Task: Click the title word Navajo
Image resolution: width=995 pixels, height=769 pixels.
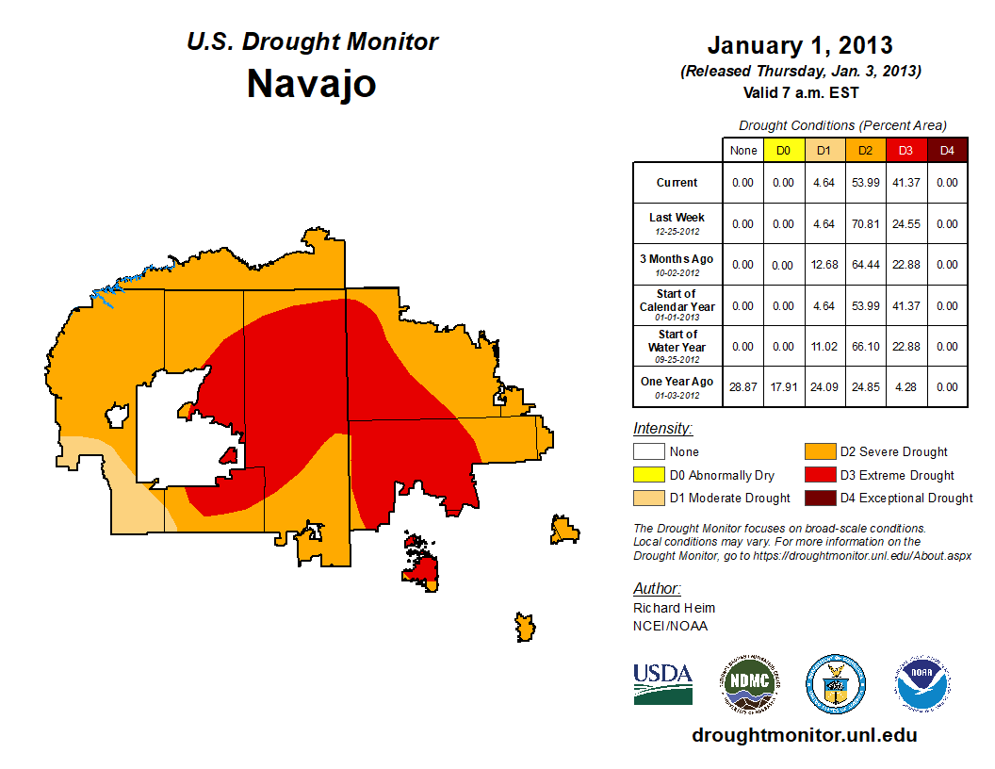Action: [311, 84]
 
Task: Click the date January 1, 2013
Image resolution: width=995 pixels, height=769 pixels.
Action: [800, 45]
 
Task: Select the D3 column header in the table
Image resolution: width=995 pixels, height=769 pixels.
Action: [905, 150]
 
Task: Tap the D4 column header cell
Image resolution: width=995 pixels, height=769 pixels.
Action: [947, 150]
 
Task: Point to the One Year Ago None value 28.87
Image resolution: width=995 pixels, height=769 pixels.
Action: [743, 387]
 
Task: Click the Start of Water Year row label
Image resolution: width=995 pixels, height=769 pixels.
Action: [677, 346]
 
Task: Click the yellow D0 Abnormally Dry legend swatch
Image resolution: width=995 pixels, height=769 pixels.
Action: [646, 475]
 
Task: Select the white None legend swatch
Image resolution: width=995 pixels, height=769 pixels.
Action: [646, 452]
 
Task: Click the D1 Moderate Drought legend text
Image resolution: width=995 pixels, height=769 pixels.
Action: [729, 498]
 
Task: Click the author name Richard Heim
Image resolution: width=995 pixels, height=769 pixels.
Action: [674, 608]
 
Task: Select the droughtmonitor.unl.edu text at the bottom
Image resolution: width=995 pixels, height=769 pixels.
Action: [804, 735]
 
